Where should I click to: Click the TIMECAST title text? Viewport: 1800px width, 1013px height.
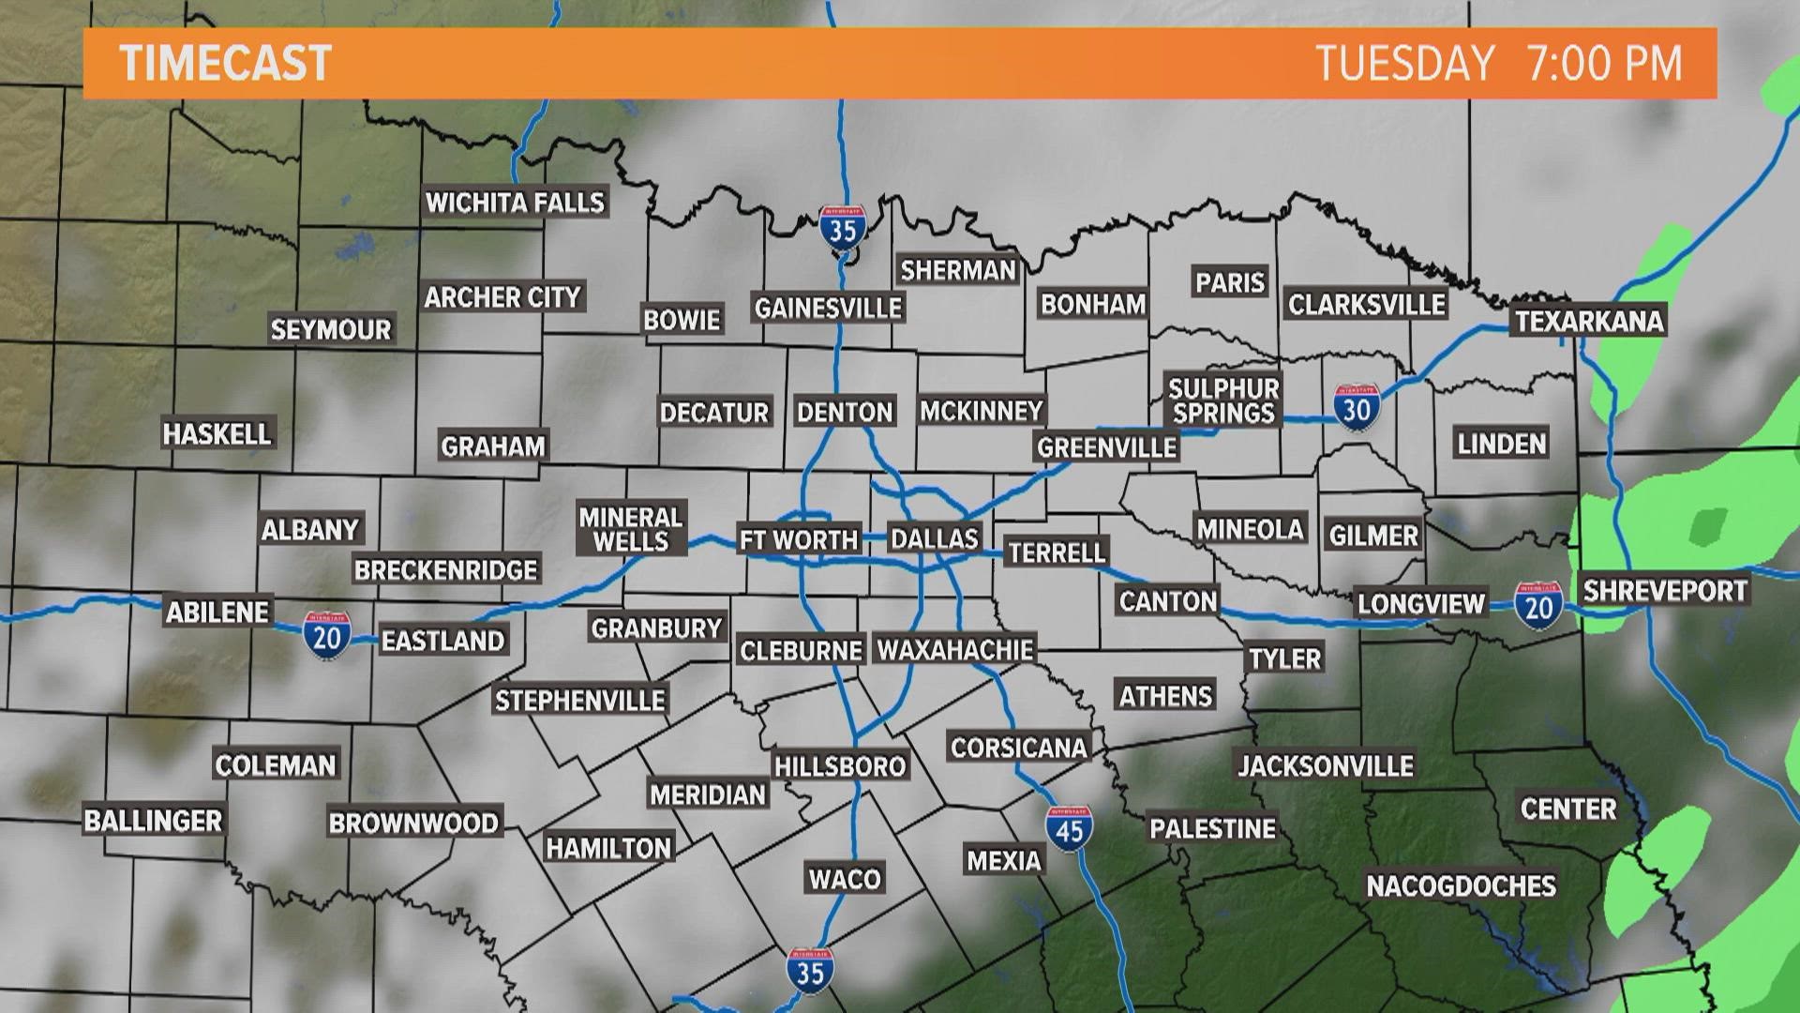tap(226, 64)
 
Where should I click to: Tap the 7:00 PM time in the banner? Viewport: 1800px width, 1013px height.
tap(1605, 64)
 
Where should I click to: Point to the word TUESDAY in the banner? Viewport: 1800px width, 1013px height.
tap(1405, 64)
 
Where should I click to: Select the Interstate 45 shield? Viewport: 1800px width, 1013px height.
tap(1069, 828)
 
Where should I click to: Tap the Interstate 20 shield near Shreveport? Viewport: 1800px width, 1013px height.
tap(1538, 606)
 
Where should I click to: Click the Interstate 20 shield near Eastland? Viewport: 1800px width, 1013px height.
tap(326, 633)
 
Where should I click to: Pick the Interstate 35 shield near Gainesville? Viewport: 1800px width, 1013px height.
tap(842, 228)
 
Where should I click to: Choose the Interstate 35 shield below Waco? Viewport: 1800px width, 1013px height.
tap(809, 970)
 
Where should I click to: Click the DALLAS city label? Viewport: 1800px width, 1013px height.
tap(934, 538)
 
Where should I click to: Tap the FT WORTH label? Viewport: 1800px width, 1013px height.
tap(799, 539)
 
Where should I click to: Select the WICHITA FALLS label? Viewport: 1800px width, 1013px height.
tap(516, 203)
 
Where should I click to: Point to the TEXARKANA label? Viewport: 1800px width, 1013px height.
tap(1589, 321)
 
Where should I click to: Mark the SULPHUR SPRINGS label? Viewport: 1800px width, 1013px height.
tap(1223, 401)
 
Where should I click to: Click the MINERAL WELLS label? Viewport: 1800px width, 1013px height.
tap(631, 529)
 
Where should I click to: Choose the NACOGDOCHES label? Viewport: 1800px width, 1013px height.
tap(1461, 885)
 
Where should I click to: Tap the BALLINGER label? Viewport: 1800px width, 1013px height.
tap(153, 821)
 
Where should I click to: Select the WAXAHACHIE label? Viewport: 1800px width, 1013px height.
tap(954, 649)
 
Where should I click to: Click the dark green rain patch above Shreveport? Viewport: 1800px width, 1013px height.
tap(1709, 527)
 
